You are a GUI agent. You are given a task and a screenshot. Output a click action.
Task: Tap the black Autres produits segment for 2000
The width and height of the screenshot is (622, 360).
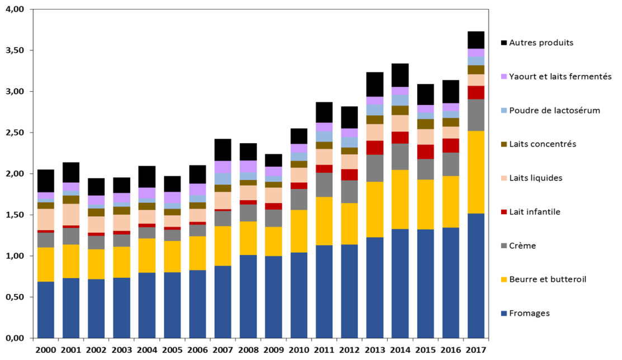click(x=46, y=181)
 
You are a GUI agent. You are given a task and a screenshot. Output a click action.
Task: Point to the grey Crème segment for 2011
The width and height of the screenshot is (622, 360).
click(x=324, y=184)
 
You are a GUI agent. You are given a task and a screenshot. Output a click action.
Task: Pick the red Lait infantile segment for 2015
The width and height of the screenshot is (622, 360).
click(x=425, y=152)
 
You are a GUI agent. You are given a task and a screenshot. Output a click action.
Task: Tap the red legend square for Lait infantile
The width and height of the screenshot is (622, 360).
click(x=504, y=212)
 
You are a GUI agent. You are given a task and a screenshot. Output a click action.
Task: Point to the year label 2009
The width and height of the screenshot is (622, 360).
click(x=273, y=350)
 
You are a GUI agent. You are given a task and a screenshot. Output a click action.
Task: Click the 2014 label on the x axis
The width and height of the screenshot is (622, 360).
click(x=399, y=350)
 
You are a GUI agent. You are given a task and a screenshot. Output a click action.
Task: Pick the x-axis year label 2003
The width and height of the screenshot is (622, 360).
click(x=121, y=350)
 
